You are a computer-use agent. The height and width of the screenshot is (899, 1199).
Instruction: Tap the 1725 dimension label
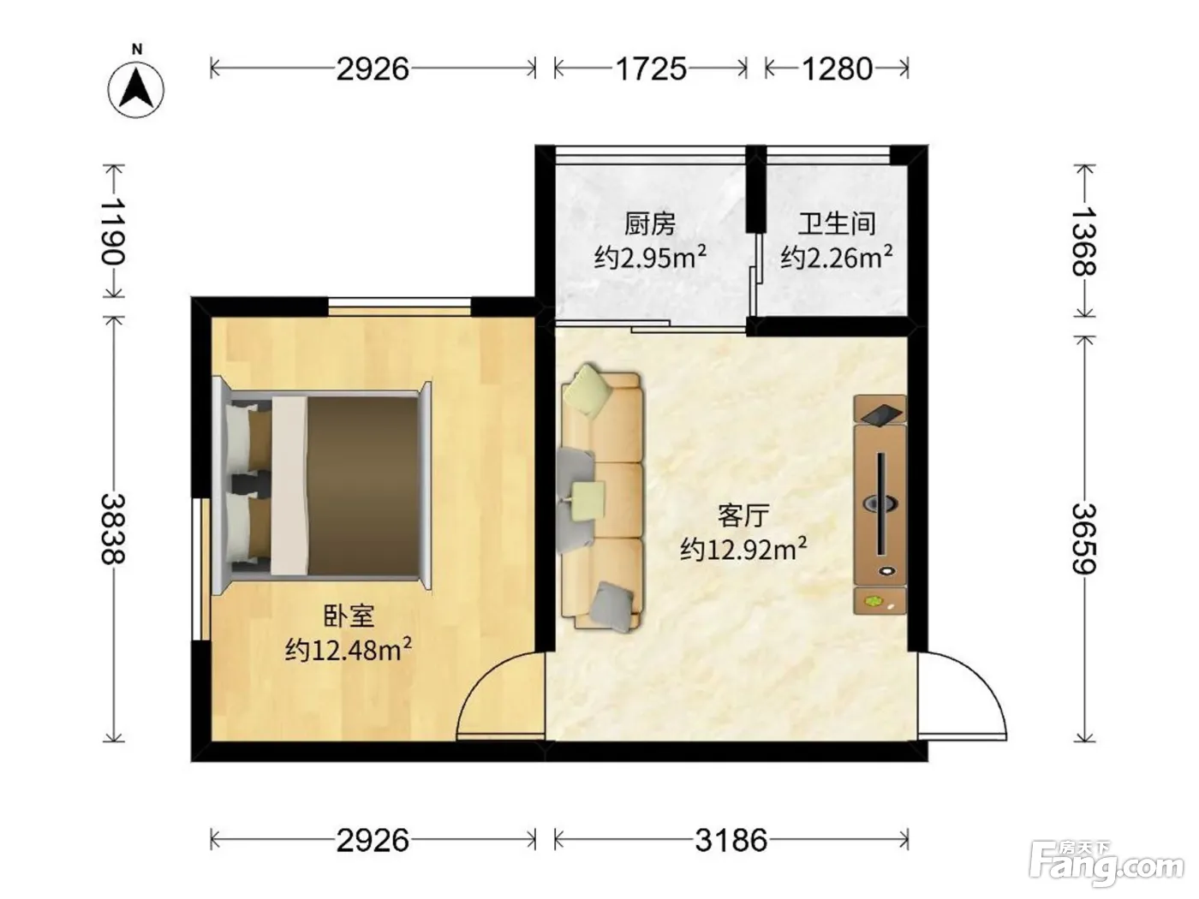651,69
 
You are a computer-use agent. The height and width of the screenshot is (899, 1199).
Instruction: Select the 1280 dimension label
836,69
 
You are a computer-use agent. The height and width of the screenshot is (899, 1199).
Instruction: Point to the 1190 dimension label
114,231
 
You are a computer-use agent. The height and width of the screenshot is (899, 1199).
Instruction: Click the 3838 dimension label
114,528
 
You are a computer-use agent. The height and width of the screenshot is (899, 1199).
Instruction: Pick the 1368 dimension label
1083,241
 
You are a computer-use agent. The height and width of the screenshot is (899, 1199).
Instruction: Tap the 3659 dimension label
1083,539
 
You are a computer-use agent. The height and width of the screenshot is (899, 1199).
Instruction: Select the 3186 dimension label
731,841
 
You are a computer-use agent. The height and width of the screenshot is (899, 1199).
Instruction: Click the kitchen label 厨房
649,223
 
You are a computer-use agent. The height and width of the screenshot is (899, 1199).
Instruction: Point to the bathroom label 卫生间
836,223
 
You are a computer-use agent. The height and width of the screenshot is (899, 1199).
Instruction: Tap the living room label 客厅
743,515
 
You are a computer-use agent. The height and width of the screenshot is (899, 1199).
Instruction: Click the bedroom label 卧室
349,616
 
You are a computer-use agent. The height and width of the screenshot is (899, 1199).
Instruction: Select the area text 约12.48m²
348,650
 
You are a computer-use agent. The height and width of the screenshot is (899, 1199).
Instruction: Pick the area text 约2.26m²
836,257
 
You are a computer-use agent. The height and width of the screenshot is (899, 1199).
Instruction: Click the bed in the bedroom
322,484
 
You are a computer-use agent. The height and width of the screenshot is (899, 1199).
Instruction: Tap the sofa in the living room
600,500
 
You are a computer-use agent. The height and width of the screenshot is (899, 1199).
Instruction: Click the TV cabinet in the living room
880,504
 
